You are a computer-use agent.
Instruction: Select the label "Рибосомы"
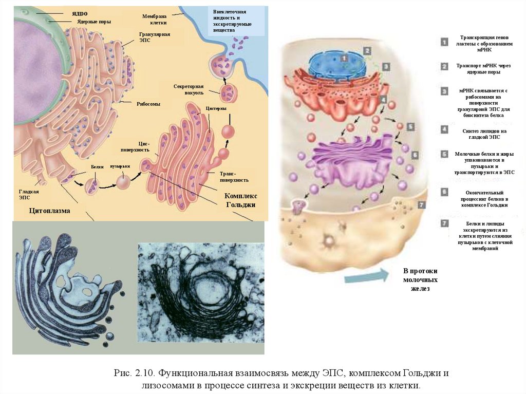click(148, 104)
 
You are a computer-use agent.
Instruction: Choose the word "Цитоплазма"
click(49, 211)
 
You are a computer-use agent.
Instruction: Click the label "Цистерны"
click(216, 109)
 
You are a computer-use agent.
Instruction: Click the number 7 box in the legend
click(444, 223)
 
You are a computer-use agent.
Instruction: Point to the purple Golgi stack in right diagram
click(349, 157)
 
